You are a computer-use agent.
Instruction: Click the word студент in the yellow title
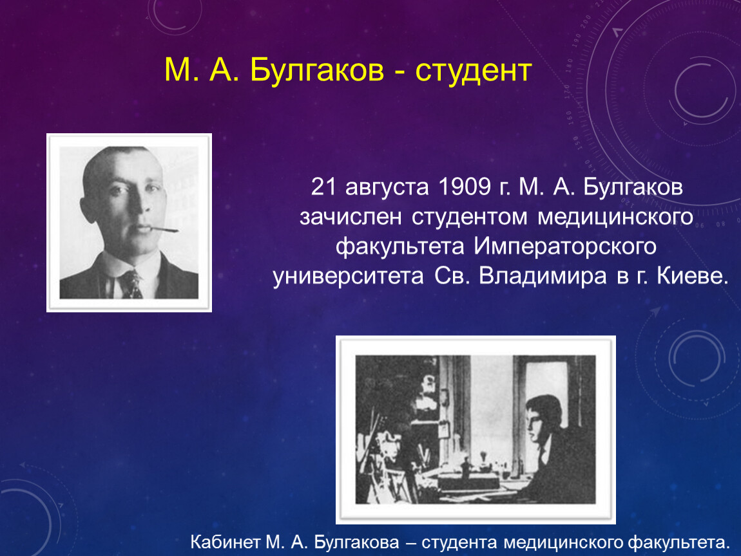click(x=474, y=71)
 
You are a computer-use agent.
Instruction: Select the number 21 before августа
click(x=323, y=187)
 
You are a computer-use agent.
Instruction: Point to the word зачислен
click(x=350, y=218)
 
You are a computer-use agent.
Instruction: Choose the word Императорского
click(x=565, y=247)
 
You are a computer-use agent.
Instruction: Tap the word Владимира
click(x=543, y=276)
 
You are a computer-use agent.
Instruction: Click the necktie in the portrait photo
click(x=131, y=284)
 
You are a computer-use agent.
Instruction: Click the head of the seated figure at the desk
click(x=543, y=419)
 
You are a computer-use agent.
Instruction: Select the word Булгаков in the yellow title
click(x=316, y=70)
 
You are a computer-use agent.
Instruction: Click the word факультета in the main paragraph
click(x=399, y=247)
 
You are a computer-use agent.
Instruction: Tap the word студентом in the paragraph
click(x=469, y=218)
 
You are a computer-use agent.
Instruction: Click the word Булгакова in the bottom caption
click(x=356, y=543)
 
